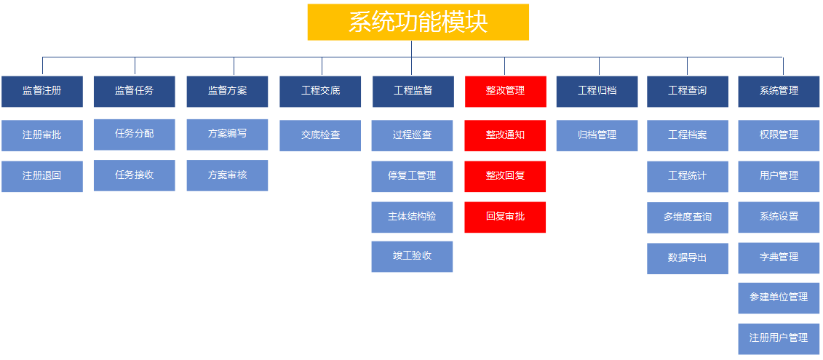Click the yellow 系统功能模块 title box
coord(418,22)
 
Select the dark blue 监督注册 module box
coord(42,92)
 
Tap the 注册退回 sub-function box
coord(42,176)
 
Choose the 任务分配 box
coord(135,135)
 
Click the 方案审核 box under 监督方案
coord(227,175)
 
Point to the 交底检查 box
coord(320,135)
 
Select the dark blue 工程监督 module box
coord(413,92)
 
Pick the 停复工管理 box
coord(412,176)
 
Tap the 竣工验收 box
coord(412,257)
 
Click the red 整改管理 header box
coord(506,92)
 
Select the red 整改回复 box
coord(505,176)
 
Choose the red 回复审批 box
coord(505,217)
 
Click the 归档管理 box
coord(597,135)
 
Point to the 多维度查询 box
coord(688,217)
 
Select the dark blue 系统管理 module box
coord(779,92)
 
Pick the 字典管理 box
coord(779,258)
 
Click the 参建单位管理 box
coord(779,298)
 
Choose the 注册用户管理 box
coord(779,339)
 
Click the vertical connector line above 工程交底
coord(322,66)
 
